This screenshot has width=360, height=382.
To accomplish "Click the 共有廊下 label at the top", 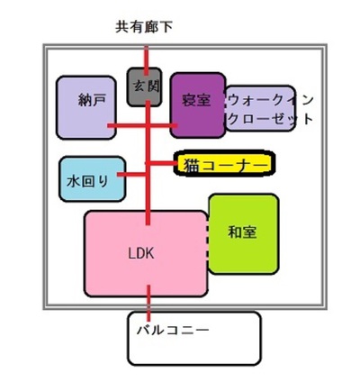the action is pos(144,27).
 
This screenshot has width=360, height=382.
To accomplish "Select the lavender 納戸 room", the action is pos(86,107).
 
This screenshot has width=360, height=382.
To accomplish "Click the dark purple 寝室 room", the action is pos(198,105).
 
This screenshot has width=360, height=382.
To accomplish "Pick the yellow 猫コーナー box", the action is pos(224,164).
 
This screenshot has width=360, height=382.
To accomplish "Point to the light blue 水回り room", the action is pos(92,179).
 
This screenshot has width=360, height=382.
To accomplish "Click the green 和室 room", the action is pos(244,234).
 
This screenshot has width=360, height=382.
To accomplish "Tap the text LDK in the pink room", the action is pos(141,254).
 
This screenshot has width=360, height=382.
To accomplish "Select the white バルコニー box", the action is pos(194,338).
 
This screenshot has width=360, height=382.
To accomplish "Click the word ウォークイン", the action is pos(271,100).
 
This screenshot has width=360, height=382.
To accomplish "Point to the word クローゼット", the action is pos(271,119).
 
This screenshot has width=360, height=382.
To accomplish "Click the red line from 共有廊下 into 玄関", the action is pos(146,60).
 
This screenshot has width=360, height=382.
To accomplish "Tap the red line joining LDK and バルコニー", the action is pos(148,304).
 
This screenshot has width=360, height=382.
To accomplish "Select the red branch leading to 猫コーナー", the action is pos(162,163).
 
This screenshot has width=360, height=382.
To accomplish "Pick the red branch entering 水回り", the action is pos(131,174).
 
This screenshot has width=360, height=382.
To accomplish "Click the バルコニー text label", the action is pos(173,331).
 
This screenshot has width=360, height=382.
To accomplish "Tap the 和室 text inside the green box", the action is pos(242,232).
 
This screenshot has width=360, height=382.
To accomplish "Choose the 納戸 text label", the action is pos(92,100).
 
